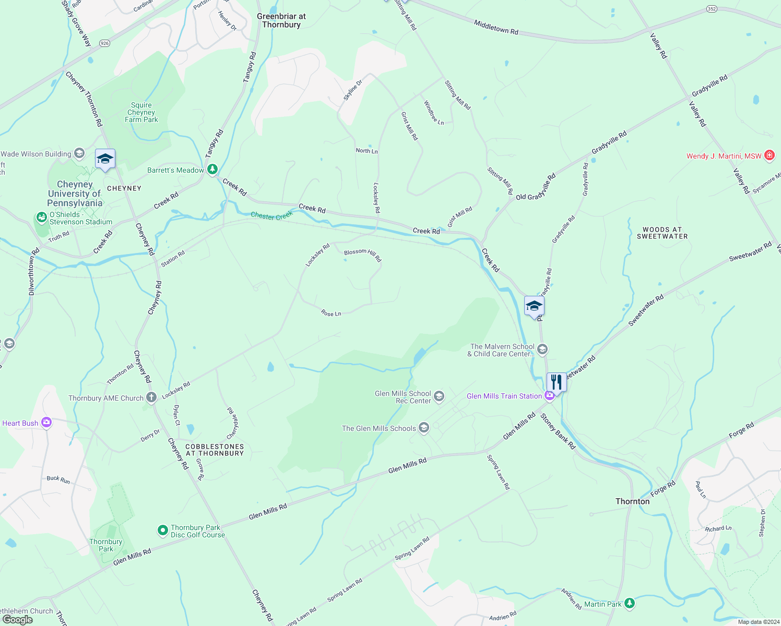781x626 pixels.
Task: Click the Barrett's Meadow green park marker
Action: (212, 170)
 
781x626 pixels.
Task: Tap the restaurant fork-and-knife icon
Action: (556, 382)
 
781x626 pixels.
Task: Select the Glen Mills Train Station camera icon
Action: (549, 396)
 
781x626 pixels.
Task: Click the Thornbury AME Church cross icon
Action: (151, 398)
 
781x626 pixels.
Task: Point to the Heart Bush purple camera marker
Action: (46, 423)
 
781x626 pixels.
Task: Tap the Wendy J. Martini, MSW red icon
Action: (769, 155)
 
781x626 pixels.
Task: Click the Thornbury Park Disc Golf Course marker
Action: (163, 531)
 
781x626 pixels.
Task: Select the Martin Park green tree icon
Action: (630, 604)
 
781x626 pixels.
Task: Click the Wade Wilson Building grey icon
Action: (79, 153)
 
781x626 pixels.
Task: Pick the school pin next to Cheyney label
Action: (105, 159)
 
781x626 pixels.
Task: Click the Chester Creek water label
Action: (271, 215)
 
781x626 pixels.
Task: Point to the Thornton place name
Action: (632, 501)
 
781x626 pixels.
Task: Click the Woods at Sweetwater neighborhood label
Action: (662, 233)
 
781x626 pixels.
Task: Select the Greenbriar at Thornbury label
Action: (281, 20)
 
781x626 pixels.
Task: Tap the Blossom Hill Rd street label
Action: (363, 254)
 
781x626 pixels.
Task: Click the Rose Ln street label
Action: (331, 313)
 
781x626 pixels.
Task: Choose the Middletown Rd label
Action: (496, 27)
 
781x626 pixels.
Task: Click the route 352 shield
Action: (712, 9)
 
